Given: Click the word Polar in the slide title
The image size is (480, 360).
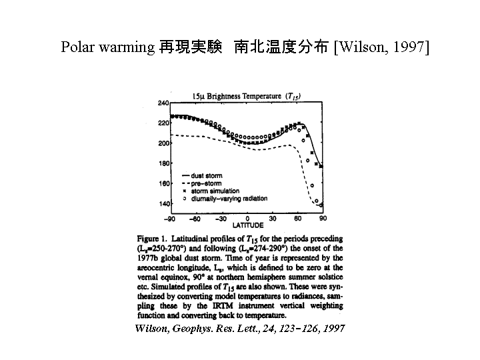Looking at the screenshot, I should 77,47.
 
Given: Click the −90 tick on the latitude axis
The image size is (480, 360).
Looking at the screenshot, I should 170,219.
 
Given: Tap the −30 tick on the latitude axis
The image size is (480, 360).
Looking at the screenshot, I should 222,219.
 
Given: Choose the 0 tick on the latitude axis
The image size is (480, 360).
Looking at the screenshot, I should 248,219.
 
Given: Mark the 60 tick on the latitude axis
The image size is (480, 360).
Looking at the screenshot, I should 298,219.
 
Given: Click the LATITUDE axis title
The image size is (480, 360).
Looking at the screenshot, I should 247,225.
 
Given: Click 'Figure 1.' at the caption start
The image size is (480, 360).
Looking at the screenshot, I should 152,238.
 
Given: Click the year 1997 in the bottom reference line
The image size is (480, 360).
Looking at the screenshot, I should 331,329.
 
